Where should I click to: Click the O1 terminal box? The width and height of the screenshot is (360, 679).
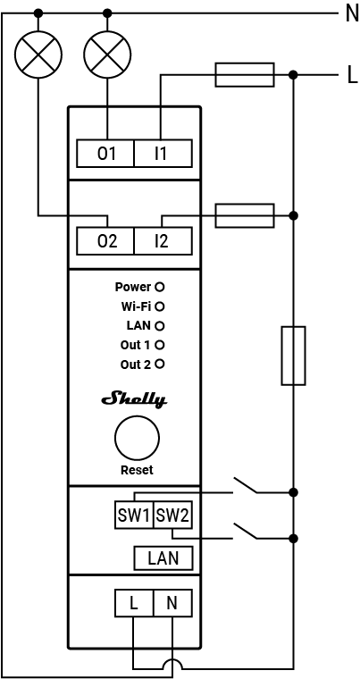click(x=106, y=154)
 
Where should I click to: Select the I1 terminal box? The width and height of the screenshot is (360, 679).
click(x=162, y=154)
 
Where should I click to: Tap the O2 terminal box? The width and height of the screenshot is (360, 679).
click(x=106, y=240)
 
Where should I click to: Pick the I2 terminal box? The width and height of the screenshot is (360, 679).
click(x=162, y=240)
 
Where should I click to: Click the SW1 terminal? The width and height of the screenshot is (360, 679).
click(x=134, y=516)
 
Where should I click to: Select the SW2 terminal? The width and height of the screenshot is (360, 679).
click(x=172, y=516)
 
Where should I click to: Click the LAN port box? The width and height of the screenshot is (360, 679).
click(x=163, y=558)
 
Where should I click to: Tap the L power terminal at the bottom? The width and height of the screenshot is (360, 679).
click(x=134, y=603)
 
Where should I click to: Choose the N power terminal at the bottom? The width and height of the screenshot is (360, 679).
click(x=172, y=603)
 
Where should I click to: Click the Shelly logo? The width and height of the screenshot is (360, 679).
click(x=137, y=399)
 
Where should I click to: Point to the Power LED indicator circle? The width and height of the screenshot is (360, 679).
click(x=160, y=288)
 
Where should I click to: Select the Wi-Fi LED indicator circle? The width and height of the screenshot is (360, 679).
click(x=160, y=306)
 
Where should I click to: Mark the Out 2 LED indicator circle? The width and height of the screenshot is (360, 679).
click(x=160, y=364)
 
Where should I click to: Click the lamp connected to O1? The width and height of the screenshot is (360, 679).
click(x=106, y=55)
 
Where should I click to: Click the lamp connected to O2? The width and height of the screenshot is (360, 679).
click(x=38, y=55)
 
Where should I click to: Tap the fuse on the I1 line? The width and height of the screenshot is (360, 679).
click(x=245, y=75)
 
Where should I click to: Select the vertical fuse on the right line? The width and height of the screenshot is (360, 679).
click(x=293, y=356)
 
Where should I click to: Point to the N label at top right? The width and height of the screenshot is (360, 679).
click(x=350, y=13)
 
